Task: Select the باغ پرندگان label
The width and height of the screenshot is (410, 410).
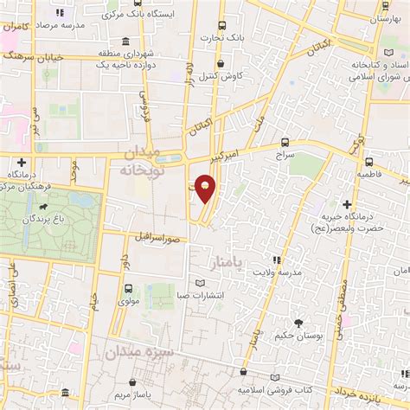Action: click(42, 221)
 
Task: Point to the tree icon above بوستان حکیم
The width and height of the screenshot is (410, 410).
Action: click(298, 323)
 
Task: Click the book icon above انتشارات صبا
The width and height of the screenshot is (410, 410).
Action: click(201, 284)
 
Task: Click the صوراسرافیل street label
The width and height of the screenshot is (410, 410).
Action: click(161, 235)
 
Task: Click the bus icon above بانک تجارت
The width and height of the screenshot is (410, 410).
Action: click(222, 26)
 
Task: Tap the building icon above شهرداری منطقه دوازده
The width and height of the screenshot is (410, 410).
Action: click(126, 42)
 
